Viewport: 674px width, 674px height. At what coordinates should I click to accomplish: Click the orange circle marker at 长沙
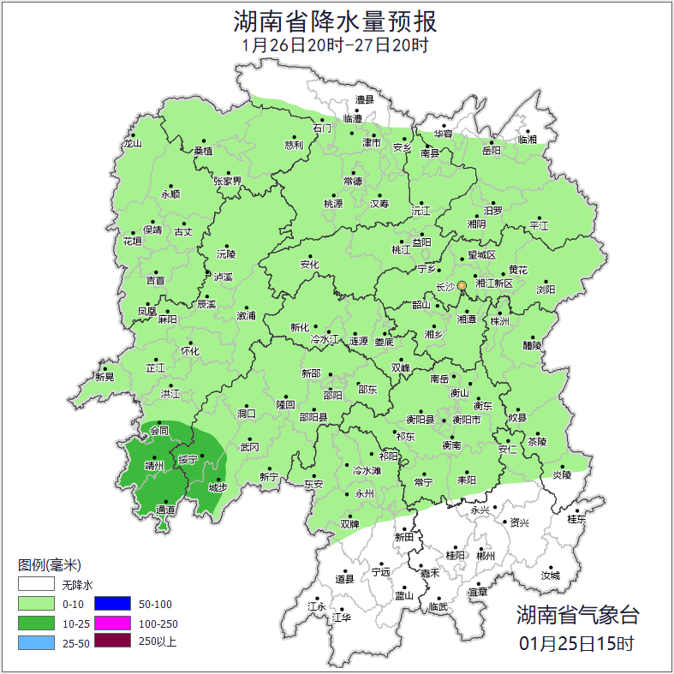(x=462, y=285)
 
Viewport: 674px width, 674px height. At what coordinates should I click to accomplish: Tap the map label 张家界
(x=228, y=182)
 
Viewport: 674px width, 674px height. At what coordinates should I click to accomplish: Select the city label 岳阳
(x=491, y=151)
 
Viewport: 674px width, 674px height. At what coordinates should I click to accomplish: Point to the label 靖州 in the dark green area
(x=154, y=466)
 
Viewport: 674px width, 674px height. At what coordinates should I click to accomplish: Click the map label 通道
(x=165, y=510)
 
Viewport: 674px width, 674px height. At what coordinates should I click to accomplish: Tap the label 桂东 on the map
(x=577, y=519)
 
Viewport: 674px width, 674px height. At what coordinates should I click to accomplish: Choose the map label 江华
(x=342, y=617)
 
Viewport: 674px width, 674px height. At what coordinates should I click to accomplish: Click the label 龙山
(x=132, y=144)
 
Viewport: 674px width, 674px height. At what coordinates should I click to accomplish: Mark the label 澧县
(x=366, y=100)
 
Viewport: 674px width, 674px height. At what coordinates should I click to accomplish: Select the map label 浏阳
(x=546, y=289)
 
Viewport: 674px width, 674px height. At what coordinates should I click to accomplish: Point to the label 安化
(x=309, y=265)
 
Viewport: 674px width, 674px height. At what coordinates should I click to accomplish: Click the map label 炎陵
(x=562, y=474)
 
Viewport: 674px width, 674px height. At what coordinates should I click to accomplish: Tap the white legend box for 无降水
(x=35, y=586)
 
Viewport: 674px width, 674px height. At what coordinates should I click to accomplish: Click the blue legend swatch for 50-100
(x=112, y=605)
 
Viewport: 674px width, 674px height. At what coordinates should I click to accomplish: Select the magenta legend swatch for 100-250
(x=112, y=623)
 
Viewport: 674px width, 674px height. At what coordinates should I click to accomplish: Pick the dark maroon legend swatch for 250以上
(x=112, y=641)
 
